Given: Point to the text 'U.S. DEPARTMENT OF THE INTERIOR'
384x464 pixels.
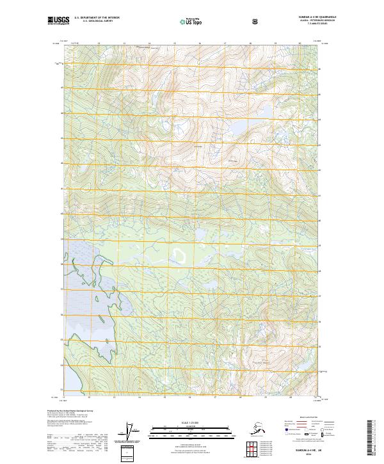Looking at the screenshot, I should click(x=97, y=18).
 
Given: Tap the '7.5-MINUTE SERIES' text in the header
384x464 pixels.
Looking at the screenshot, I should click(x=313, y=24).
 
